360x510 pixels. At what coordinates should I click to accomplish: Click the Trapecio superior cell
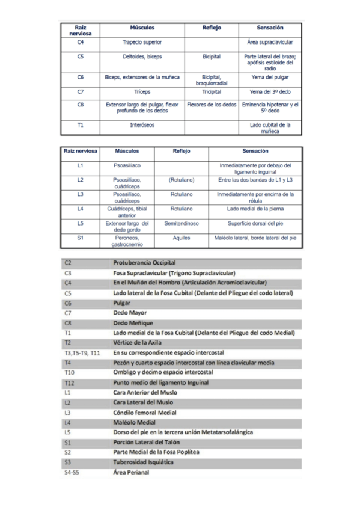point(142,43)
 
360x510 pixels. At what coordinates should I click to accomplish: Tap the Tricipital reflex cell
point(212,92)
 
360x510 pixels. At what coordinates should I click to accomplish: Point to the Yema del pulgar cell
point(270,78)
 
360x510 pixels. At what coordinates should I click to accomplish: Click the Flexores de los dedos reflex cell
point(212,104)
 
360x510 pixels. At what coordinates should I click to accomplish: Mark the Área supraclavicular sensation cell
point(270,43)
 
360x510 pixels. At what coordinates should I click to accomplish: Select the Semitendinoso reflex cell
point(182,223)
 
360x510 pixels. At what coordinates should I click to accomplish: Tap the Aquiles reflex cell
point(182,238)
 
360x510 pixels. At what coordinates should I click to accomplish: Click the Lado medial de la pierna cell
point(255,209)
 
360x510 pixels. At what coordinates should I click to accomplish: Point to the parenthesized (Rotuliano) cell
point(182,179)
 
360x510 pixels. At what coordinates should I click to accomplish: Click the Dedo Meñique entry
point(133,323)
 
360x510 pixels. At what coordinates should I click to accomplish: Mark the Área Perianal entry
point(131,473)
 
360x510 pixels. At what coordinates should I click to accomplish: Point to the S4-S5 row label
point(71,473)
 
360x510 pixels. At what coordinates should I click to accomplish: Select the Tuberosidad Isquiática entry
point(143,462)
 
